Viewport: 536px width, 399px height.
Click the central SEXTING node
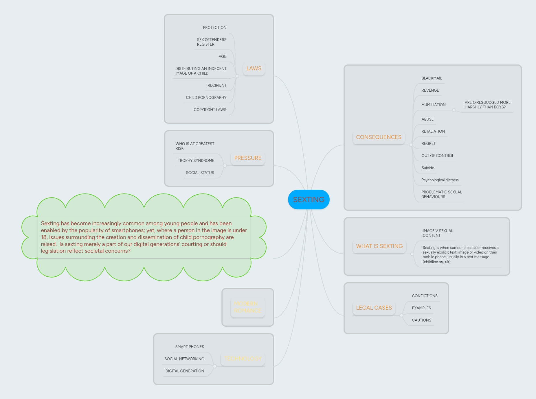click(x=309, y=199)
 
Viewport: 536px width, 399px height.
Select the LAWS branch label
click(x=254, y=69)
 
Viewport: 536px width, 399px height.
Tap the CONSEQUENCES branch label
click(x=379, y=137)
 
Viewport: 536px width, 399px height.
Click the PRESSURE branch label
click(x=248, y=158)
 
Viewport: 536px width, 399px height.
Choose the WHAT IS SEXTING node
click(x=379, y=246)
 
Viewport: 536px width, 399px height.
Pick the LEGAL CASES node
click(x=374, y=308)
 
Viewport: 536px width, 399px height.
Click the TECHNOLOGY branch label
click(x=243, y=359)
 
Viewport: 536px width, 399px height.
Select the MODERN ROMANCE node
click(x=247, y=307)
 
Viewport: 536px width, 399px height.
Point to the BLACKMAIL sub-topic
click(x=432, y=78)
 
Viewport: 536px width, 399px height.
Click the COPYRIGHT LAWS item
click(x=210, y=110)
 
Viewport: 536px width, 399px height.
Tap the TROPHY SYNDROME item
click(x=196, y=161)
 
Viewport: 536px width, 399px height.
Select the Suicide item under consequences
click(x=427, y=168)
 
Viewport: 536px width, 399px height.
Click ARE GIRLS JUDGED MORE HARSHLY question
click(x=487, y=105)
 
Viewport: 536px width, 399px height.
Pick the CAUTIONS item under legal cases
click(x=421, y=320)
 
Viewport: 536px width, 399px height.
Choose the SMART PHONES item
click(x=190, y=347)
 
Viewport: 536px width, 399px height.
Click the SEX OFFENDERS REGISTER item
click(x=212, y=42)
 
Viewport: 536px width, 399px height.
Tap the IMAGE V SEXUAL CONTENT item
click(x=438, y=233)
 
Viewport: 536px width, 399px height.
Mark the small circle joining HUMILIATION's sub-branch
click(x=454, y=110)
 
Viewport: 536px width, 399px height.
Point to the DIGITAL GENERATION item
click(x=185, y=371)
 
